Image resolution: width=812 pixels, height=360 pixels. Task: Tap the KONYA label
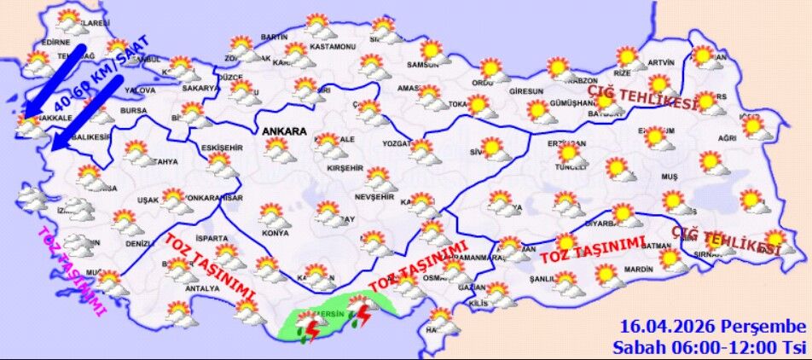[275, 233]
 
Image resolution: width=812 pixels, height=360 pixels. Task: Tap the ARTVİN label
[660, 62]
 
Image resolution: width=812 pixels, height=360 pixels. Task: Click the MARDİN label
[638, 270]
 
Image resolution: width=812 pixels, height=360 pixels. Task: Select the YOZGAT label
[397, 142]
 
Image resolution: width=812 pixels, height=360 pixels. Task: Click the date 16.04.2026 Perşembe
[712, 327]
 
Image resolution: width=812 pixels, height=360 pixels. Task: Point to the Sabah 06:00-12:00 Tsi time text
[709, 347]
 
